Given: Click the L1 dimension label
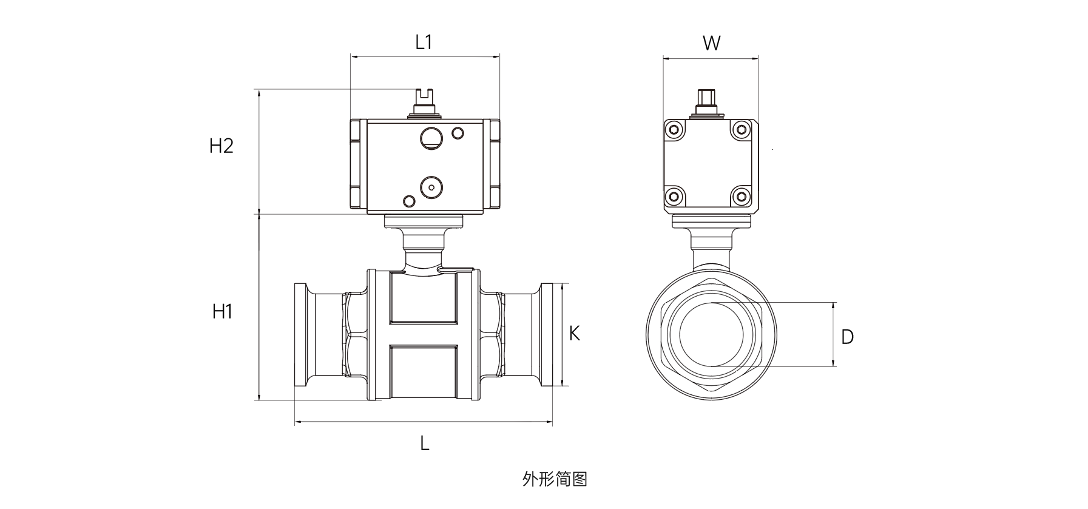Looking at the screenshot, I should pyautogui.click(x=424, y=42).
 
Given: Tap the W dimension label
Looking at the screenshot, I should pyautogui.click(x=711, y=43).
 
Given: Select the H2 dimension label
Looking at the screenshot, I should pyautogui.click(x=221, y=146).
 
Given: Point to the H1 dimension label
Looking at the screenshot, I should pyautogui.click(x=223, y=312).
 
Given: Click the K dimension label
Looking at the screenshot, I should pyautogui.click(x=574, y=333).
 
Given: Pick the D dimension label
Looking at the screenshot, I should pyautogui.click(x=847, y=336).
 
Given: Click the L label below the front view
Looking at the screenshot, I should pyautogui.click(x=425, y=443).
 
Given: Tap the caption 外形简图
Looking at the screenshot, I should pyautogui.click(x=555, y=479).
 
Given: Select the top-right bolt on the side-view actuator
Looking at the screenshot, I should pyautogui.click(x=740, y=129).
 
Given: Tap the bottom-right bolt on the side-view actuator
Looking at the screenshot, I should pyautogui.click(x=740, y=195).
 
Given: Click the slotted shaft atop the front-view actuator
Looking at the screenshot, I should pyautogui.click(x=425, y=98).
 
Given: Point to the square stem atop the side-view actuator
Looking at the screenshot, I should pyautogui.click(x=706, y=98).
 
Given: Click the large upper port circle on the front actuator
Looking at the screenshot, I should pyautogui.click(x=432, y=138).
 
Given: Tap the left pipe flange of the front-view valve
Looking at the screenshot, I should pyautogui.click(x=300, y=334).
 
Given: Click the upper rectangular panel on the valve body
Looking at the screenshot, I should pyautogui.click(x=424, y=297).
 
